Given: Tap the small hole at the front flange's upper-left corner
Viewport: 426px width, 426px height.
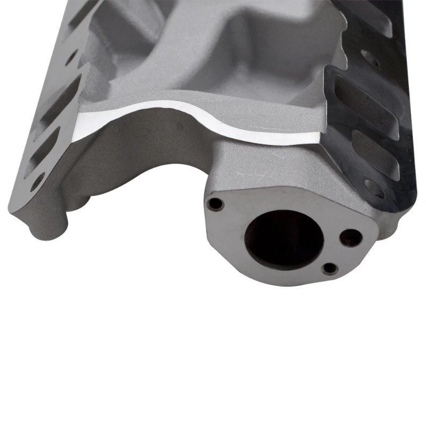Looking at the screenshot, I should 215,203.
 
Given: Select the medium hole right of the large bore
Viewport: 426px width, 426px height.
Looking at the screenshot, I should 350,237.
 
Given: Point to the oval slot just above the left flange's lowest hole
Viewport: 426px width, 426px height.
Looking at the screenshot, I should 45,150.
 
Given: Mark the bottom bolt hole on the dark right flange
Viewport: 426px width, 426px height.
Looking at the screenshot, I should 374,187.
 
